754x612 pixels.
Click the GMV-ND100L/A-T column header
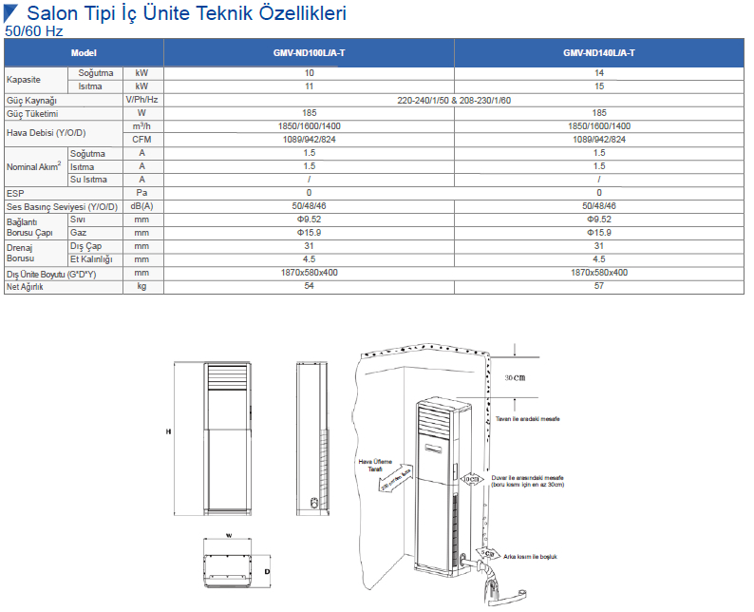[x=309, y=53]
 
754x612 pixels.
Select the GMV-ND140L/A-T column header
[x=598, y=53]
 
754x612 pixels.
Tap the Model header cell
[x=85, y=53]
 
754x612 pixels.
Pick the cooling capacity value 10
[x=309, y=73]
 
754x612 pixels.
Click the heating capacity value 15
[x=598, y=86]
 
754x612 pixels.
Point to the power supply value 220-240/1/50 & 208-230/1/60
[x=453, y=100]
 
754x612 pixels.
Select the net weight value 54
[x=309, y=286]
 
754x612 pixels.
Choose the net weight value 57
[x=598, y=286]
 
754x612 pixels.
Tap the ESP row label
[x=15, y=193]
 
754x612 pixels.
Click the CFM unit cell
[x=141, y=140]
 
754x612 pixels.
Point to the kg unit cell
[x=141, y=286]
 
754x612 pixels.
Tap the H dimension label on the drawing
[x=168, y=431]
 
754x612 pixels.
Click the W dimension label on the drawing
[x=228, y=535]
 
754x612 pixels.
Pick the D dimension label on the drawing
[x=267, y=571]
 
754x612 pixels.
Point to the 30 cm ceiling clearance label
[x=515, y=377]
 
